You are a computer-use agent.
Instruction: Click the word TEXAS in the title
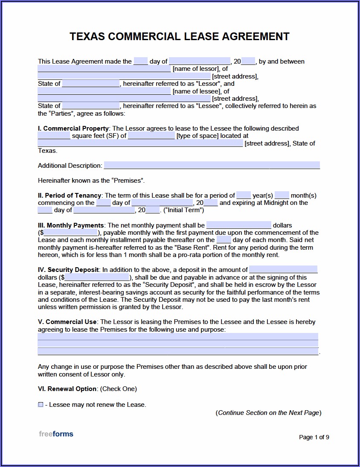[87, 37]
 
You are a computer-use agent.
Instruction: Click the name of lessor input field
[104, 69]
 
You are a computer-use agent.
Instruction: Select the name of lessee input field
[104, 91]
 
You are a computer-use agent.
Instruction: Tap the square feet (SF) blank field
[54, 136]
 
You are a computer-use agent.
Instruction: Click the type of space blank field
[151, 136]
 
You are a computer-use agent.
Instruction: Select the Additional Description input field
[212, 166]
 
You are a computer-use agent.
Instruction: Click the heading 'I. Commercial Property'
[74, 128]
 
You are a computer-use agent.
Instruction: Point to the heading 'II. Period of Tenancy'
[70, 196]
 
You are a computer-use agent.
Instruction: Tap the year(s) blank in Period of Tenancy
[244, 196]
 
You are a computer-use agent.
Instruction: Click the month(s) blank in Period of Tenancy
[282, 196]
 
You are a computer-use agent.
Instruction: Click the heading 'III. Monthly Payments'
[71, 225]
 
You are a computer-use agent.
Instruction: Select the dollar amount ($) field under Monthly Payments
[71, 233]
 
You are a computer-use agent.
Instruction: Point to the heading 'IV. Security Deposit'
[69, 270]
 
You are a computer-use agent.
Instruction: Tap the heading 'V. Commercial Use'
[67, 322]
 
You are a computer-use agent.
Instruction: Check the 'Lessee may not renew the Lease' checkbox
[41, 405]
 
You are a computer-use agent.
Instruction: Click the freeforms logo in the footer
[56, 434]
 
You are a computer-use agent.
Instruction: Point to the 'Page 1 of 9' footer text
[314, 437]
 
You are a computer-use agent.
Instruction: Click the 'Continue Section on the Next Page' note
[268, 413]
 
